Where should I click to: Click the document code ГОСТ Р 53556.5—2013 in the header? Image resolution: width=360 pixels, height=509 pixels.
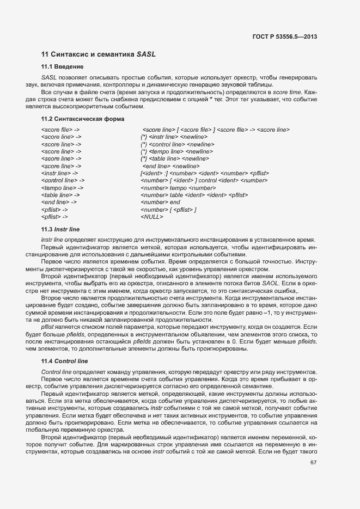(285, 36)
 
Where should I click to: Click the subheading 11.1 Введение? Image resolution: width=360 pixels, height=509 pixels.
(62, 67)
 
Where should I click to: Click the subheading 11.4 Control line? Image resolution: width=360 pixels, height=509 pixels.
(65, 361)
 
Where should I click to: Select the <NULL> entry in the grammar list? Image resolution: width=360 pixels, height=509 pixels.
(152, 217)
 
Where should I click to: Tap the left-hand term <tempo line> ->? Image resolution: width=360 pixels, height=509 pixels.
(62, 187)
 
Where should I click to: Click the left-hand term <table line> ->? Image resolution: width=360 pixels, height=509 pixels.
(60, 195)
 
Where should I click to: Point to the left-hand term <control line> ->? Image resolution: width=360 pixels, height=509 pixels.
(63, 180)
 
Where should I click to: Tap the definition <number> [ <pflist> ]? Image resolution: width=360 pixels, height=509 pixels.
(168, 210)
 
